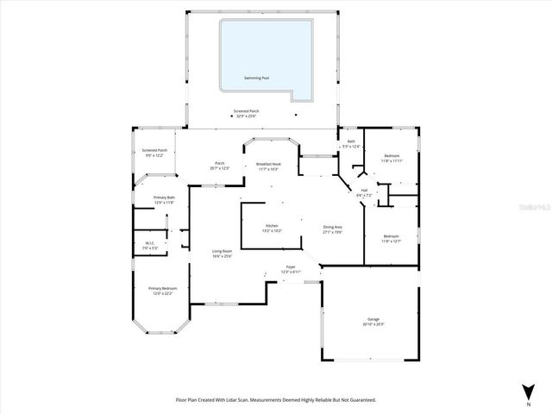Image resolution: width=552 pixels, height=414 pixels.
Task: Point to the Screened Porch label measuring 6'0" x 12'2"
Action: [154, 154]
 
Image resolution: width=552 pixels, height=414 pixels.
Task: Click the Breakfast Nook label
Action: [267, 166]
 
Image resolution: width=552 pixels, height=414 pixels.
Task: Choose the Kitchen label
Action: [272, 229]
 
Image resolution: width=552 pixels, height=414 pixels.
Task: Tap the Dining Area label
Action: [333, 229]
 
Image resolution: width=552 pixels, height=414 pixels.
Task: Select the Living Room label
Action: [223, 254]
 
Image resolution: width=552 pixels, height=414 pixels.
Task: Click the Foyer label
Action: [292, 269]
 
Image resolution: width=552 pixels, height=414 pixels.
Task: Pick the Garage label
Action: [373, 321]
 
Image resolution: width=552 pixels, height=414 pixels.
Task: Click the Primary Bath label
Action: [164, 200]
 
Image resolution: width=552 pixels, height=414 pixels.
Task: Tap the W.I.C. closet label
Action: [150, 245]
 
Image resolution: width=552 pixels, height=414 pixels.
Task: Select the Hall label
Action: [364, 192]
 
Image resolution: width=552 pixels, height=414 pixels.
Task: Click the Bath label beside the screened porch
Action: [351, 143]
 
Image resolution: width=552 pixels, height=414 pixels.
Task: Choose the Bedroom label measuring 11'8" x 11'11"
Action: [392, 158]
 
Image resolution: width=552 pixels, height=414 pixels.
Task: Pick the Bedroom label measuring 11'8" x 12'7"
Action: [391, 238]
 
